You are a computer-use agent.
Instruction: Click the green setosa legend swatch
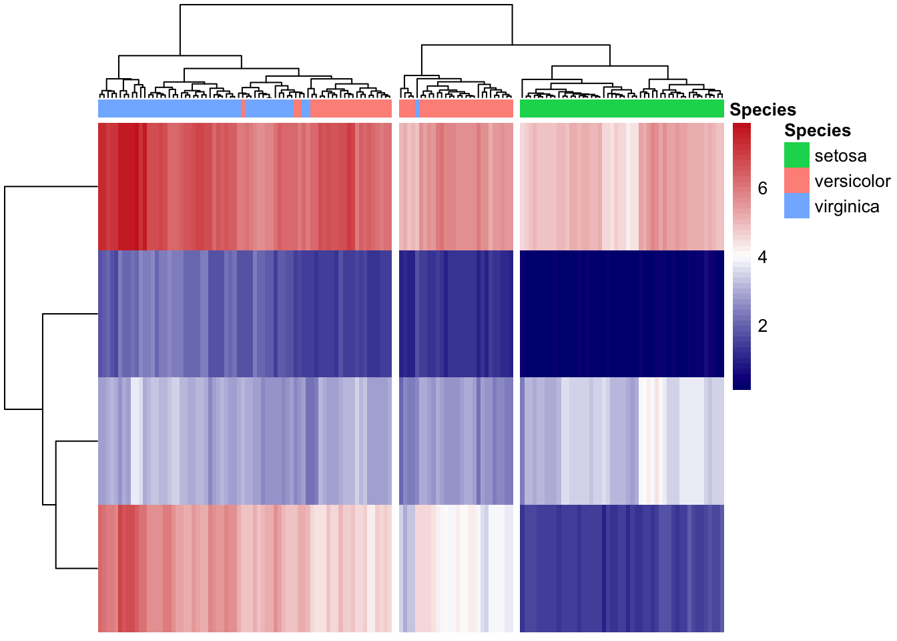click(796, 156)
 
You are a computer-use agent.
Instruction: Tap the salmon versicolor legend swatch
click(796, 181)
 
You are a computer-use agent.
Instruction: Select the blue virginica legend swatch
click(796, 206)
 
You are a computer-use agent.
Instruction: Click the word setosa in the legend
click(840, 156)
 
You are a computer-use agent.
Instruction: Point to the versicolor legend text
click(852, 182)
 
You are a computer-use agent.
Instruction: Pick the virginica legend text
click(847, 207)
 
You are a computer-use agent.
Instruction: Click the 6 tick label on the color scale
click(763, 188)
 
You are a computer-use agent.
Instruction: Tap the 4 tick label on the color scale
click(763, 257)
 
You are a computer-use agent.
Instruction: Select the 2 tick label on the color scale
click(763, 326)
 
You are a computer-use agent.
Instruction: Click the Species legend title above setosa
click(818, 130)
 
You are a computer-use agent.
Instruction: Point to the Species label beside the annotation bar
click(763, 110)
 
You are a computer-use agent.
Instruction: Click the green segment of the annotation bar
click(621, 108)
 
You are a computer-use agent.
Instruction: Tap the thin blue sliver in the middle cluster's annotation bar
click(416, 108)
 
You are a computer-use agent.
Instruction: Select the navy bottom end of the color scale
click(741, 385)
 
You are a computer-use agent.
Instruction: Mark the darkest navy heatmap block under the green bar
click(621, 314)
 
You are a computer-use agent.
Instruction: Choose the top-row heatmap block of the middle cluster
click(456, 186)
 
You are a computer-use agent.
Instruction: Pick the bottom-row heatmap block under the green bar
click(621, 568)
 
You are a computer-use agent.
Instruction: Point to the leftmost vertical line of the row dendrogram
click(5, 298)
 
